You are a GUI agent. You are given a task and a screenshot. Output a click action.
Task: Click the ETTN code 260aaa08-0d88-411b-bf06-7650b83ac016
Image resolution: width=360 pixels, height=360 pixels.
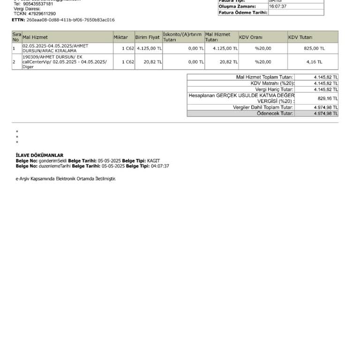click(70, 20)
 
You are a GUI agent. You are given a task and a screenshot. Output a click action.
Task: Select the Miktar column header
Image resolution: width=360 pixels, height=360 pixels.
click(120, 37)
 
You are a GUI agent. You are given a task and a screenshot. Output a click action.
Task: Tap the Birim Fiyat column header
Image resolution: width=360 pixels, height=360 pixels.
click(148, 37)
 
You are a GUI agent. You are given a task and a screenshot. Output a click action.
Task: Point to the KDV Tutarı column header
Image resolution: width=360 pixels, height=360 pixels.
click(300, 37)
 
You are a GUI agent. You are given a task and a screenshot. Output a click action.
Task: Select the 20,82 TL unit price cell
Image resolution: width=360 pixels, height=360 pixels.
click(153, 62)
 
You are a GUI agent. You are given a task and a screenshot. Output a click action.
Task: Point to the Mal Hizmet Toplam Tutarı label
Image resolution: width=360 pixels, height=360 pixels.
click(264, 77)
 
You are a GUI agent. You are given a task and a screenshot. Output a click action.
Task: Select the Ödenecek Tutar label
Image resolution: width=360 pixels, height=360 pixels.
click(275, 113)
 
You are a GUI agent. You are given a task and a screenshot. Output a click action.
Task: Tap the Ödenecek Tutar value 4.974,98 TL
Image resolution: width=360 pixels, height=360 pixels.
click(326, 113)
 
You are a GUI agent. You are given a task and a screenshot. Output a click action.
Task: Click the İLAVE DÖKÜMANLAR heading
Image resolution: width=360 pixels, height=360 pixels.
click(39, 155)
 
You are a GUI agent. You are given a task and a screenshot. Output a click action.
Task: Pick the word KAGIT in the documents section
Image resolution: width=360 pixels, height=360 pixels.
click(153, 161)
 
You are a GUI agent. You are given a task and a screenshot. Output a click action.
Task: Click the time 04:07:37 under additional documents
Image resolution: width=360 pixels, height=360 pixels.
click(160, 166)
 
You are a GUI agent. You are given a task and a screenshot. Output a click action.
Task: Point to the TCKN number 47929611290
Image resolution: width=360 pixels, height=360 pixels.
click(41, 14)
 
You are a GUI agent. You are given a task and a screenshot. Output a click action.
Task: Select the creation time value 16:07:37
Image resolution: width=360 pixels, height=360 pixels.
click(278, 7)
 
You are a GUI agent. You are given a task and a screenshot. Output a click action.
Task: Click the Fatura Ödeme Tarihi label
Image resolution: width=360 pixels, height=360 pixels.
click(243, 13)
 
